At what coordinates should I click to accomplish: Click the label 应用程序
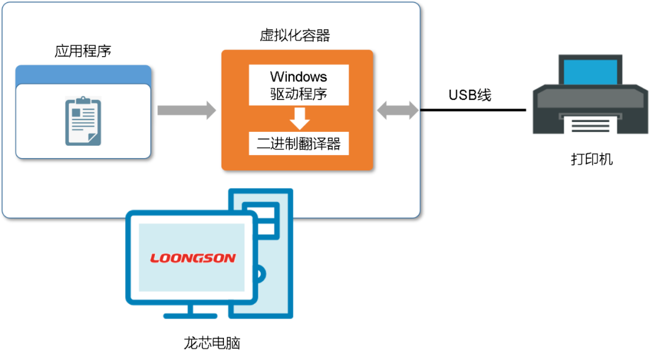coord(83,51)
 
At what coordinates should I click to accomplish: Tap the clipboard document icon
coord(83,121)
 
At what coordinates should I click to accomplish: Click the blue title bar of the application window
coord(83,74)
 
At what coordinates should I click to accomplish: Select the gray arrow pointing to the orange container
coord(186,110)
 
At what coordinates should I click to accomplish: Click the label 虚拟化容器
coord(295,36)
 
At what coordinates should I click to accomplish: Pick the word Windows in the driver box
coord(299,77)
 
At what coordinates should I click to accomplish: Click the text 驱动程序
coord(299,94)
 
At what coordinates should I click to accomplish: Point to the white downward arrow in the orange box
coord(300,118)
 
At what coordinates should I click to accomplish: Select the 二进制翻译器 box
coord(299,144)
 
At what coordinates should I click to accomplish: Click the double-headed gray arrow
coord(398,110)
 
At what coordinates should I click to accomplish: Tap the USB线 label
coord(469,95)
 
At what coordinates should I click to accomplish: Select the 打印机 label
coord(592,160)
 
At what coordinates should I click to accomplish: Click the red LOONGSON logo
coord(193,258)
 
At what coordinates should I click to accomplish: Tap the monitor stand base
coord(190,315)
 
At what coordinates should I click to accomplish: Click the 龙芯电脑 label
coord(212,343)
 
